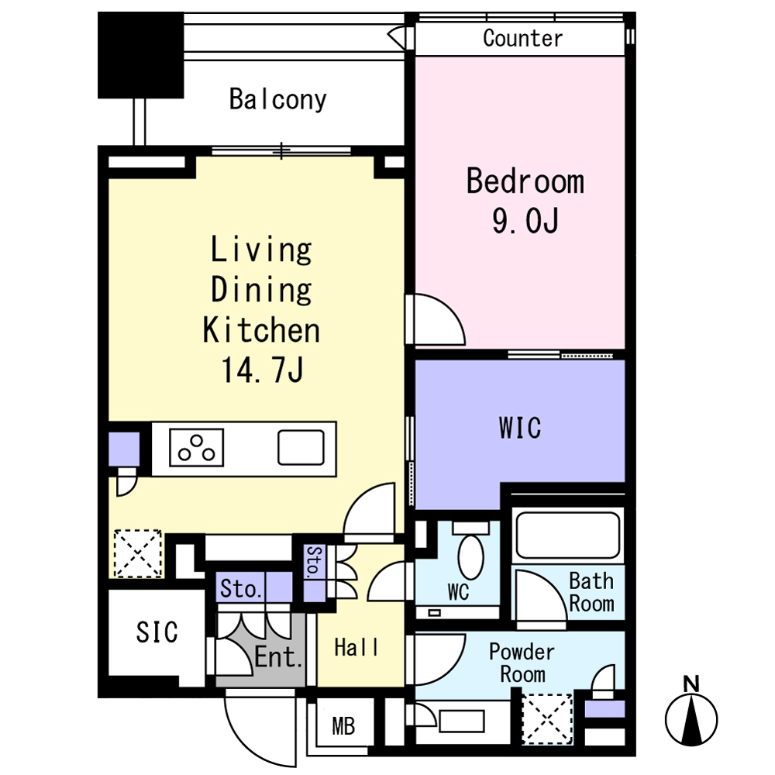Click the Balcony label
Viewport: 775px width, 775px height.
click(277, 100)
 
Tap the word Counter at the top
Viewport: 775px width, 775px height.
click(522, 39)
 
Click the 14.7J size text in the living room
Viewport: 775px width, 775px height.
click(262, 370)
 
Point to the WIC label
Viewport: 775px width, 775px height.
click(520, 428)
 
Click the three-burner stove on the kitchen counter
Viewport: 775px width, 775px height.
click(196, 448)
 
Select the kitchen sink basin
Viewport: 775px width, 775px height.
click(301, 447)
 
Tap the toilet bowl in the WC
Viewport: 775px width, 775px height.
click(471, 557)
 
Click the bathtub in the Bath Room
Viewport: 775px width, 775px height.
click(568, 536)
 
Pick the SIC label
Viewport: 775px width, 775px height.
click(157, 632)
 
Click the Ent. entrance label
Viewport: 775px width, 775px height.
click(277, 657)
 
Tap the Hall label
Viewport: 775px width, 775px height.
click(356, 647)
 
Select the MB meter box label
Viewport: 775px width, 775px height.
click(343, 726)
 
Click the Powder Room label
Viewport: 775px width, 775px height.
click(522, 663)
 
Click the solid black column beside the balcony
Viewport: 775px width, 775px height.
click(141, 55)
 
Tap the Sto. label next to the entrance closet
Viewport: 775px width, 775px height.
click(241, 588)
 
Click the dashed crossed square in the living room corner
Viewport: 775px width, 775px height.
click(138, 553)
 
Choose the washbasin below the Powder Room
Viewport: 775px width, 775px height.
click(461, 721)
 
